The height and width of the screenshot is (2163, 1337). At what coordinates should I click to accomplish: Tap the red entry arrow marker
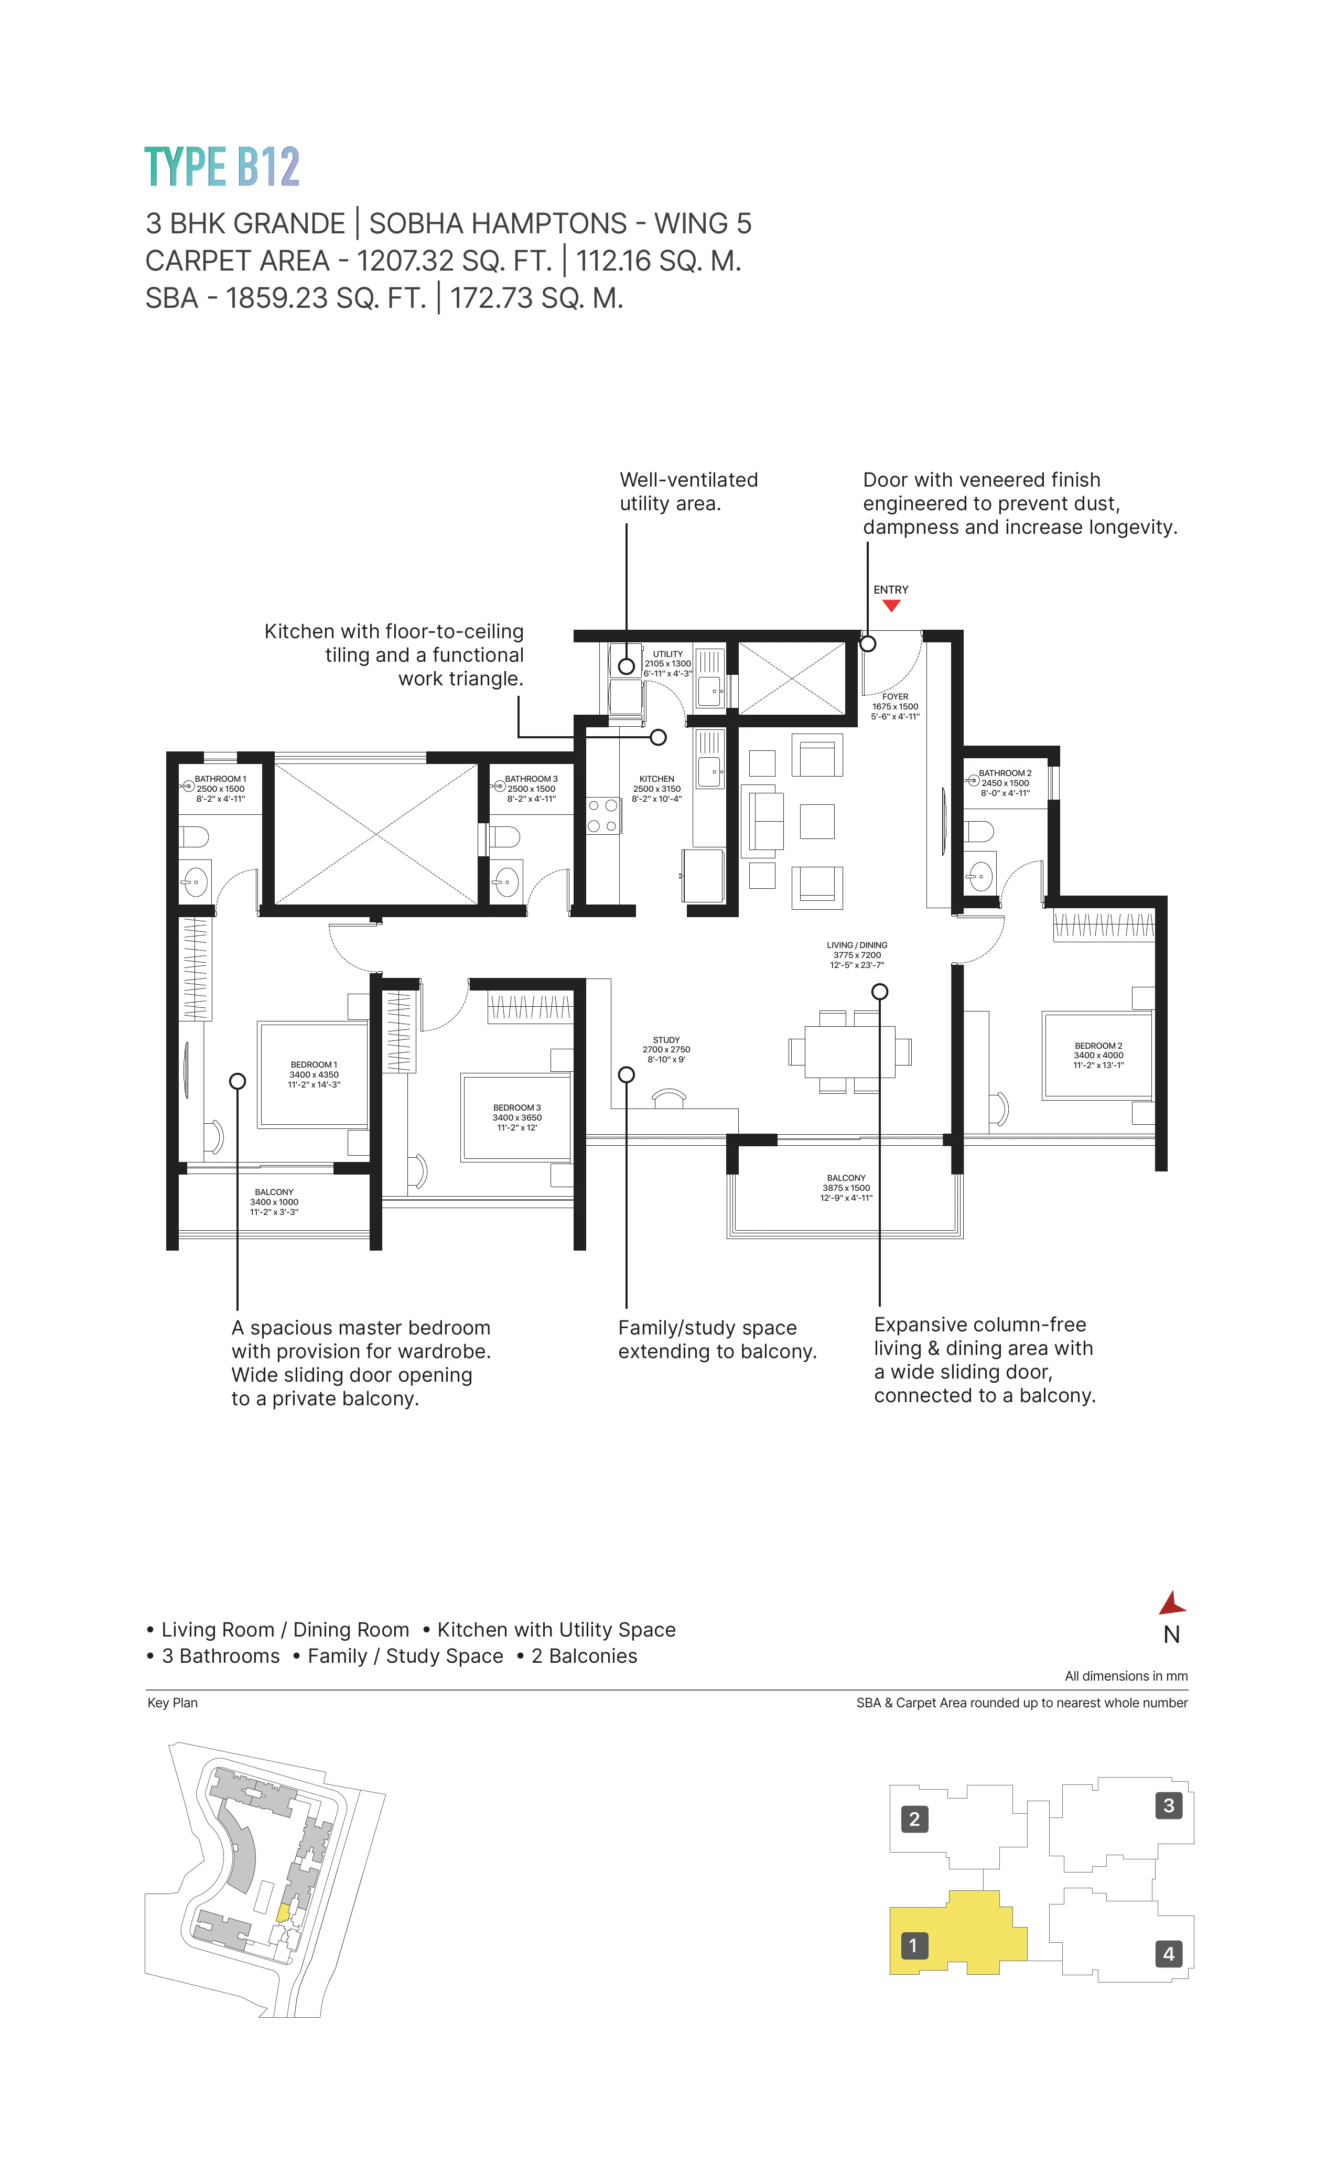pos(891,606)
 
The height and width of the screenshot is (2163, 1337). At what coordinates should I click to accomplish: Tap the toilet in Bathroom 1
pos(195,836)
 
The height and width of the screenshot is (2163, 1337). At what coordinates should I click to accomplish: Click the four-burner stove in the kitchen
pos(603,815)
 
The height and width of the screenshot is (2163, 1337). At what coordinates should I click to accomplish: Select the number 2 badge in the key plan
pos(914,1819)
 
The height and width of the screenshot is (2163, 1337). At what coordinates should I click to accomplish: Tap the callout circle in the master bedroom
pos(237,1081)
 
